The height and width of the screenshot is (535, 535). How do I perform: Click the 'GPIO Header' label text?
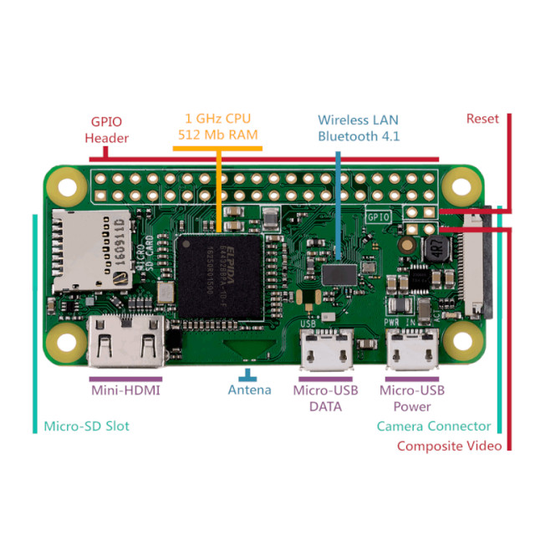coord(106,129)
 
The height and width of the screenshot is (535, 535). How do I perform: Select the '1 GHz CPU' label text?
coord(217,118)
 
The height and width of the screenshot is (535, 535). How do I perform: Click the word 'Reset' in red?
coord(482,119)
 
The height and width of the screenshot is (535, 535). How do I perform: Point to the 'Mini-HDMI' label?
coord(125,390)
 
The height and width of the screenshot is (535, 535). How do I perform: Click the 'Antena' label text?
coord(249,390)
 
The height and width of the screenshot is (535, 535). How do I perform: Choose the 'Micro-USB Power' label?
coord(411,398)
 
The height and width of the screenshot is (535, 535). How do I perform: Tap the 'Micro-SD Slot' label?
coord(87,426)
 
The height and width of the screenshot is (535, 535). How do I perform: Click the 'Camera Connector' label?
coord(433,426)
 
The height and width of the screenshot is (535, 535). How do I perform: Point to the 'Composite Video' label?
coord(449,446)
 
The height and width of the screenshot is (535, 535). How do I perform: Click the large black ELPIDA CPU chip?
coord(219,277)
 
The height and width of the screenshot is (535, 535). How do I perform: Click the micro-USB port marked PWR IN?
coord(411,349)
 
